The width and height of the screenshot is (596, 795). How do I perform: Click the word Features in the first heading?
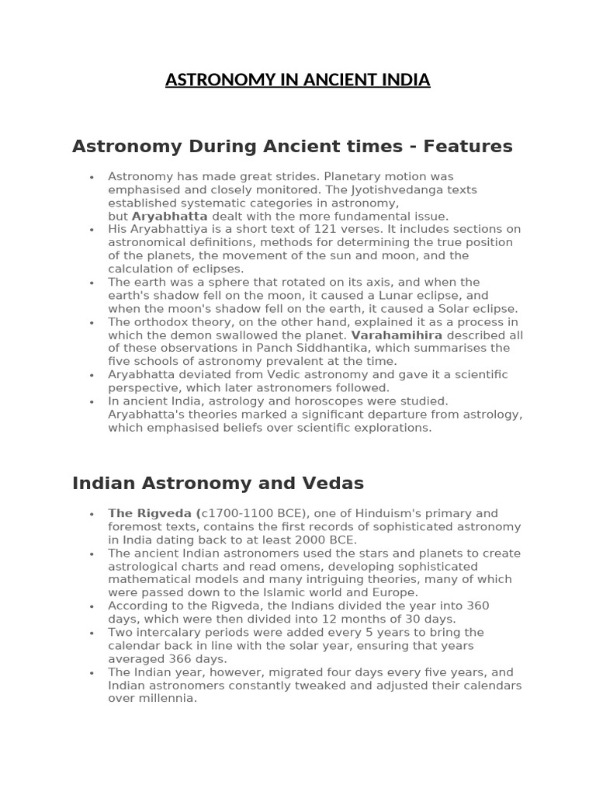coord(471,146)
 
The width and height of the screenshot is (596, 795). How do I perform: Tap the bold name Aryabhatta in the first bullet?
coord(170,216)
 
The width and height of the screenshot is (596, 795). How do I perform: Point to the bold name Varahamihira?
coord(397,335)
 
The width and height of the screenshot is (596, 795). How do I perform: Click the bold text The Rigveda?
coord(152,513)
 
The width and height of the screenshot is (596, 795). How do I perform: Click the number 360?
coord(477,606)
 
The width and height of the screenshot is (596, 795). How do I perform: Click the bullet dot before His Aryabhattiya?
coord(92,230)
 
